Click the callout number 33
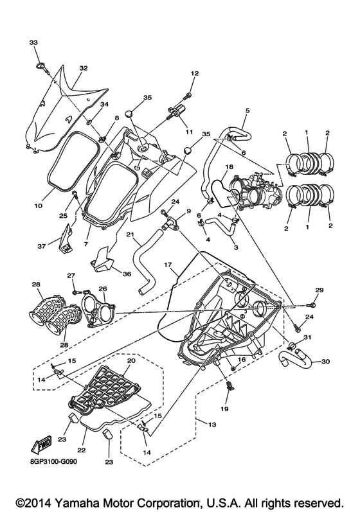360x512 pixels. pos(33,42)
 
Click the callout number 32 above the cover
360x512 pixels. pos(83,67)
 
